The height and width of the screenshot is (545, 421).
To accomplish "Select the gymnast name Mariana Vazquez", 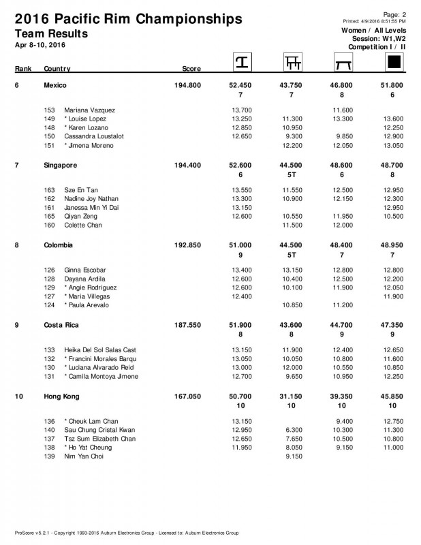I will tap(89, 110).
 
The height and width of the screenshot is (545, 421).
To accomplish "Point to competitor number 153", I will tap(48, 110).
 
